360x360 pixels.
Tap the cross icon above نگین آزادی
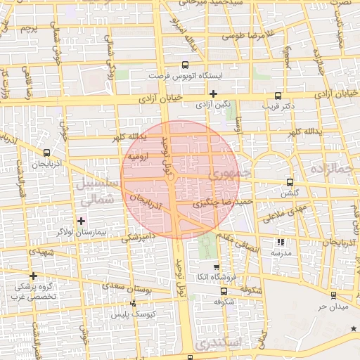pos(212,94)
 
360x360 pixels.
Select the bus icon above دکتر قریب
pos(278,96)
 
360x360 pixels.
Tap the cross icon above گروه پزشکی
pos(33,276)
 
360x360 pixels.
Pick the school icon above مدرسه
pos(281,242)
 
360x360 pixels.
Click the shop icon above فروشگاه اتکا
pos(217,267)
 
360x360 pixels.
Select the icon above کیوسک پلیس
pos(134,304)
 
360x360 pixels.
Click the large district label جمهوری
pos(229,173)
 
